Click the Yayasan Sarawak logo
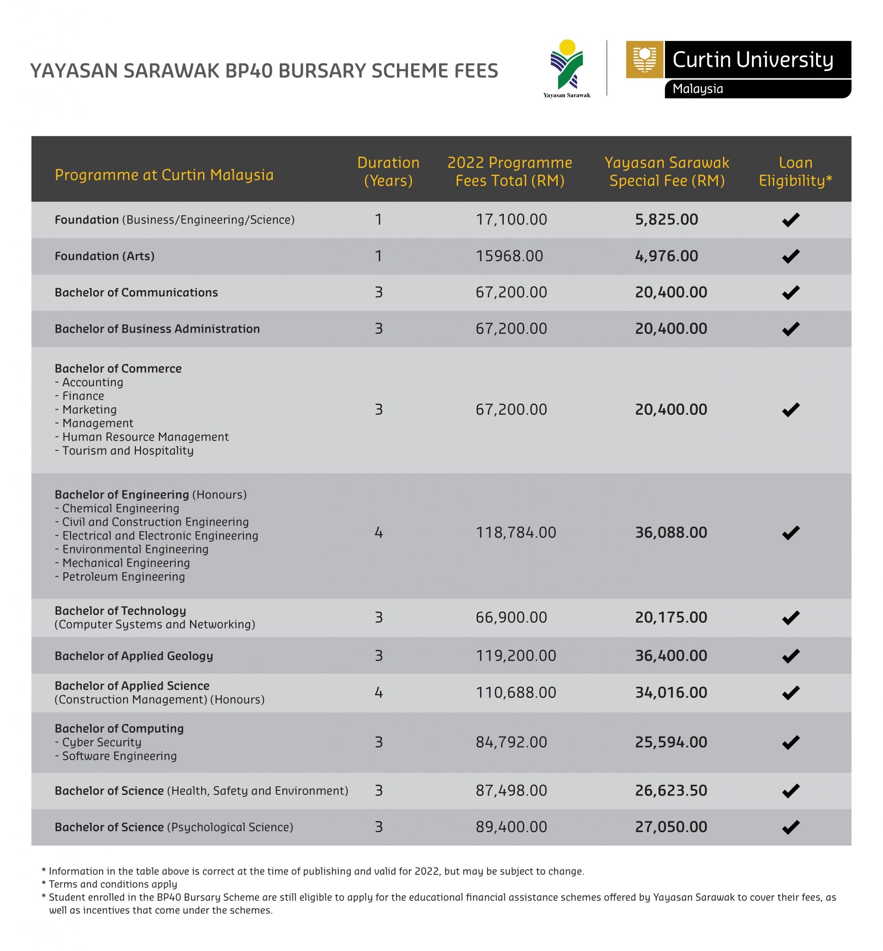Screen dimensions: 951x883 click(567, 67)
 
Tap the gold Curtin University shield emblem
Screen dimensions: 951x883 click(644, 60)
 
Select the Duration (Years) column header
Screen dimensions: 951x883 click(388, 171)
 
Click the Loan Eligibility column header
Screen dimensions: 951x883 click(795, 171)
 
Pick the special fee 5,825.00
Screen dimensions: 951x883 click(666, 220)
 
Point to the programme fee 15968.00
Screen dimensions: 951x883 click(509, 256)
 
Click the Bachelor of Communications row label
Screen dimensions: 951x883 click(136, 292)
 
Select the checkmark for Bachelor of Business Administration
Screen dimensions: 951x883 click(791, 328)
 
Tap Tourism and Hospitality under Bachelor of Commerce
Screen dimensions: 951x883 click(128, 451)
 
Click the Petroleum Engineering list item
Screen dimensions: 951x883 click(123, 577)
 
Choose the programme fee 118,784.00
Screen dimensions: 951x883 click(515, 532)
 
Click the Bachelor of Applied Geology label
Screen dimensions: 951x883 click(134, 656)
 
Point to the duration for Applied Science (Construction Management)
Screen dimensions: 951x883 click(378, 692)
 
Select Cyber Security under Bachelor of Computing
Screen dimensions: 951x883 click(101, 743)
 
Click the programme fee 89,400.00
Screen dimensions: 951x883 click(511, 827)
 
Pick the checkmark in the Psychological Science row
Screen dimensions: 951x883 click(791, 827)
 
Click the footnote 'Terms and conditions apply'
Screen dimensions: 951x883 click(113, 884)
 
